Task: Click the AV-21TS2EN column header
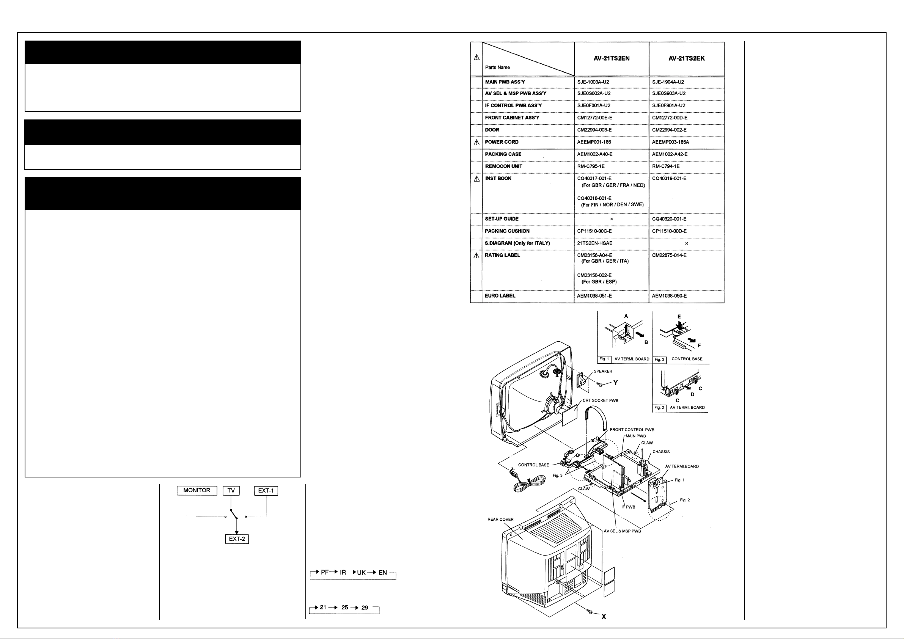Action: [x=612, y=59]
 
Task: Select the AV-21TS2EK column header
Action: [x=686, y=59]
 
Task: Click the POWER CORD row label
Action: [x=502, y=142]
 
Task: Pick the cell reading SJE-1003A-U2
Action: [x=593, y=82]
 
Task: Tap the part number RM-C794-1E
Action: [x=666, y=166]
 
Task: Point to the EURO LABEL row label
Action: [x=500, y=296]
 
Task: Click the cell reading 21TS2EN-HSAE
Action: [x=594, y=243]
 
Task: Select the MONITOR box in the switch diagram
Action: [x=197, y=491]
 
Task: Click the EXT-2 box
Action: [x=237, y=539]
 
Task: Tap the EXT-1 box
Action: [x=266, y=491]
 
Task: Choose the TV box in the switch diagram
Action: [x=231, y=491]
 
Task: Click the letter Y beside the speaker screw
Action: [x=615, y=383]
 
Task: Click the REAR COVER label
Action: [x=500, y=519]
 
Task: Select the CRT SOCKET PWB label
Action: [x=601, y=400]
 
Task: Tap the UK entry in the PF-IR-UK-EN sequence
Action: [x=361, y=573]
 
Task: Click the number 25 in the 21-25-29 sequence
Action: [x=344, y=608]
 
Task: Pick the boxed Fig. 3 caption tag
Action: [x=659, y=360]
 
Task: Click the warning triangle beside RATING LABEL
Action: [x=476, y=256]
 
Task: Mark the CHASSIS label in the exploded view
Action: [x=661, y=452]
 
